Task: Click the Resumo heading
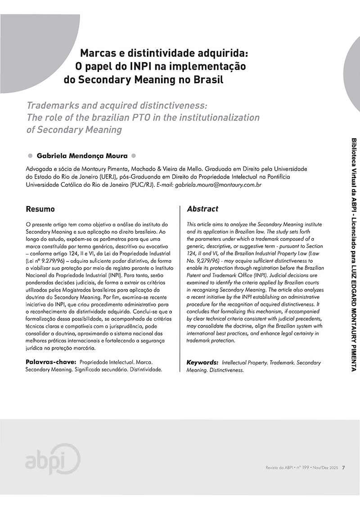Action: [x=40, y=209]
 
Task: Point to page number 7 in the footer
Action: [x=343, y=467]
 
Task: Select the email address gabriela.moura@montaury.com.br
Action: [x=212, y=185]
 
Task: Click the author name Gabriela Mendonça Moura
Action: [x=82, y=157]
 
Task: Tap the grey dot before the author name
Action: [x=30, y=157]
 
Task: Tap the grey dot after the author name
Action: [x=134, y=157]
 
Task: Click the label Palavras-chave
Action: [x=50, y=362]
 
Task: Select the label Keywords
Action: [x=202, y=362]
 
